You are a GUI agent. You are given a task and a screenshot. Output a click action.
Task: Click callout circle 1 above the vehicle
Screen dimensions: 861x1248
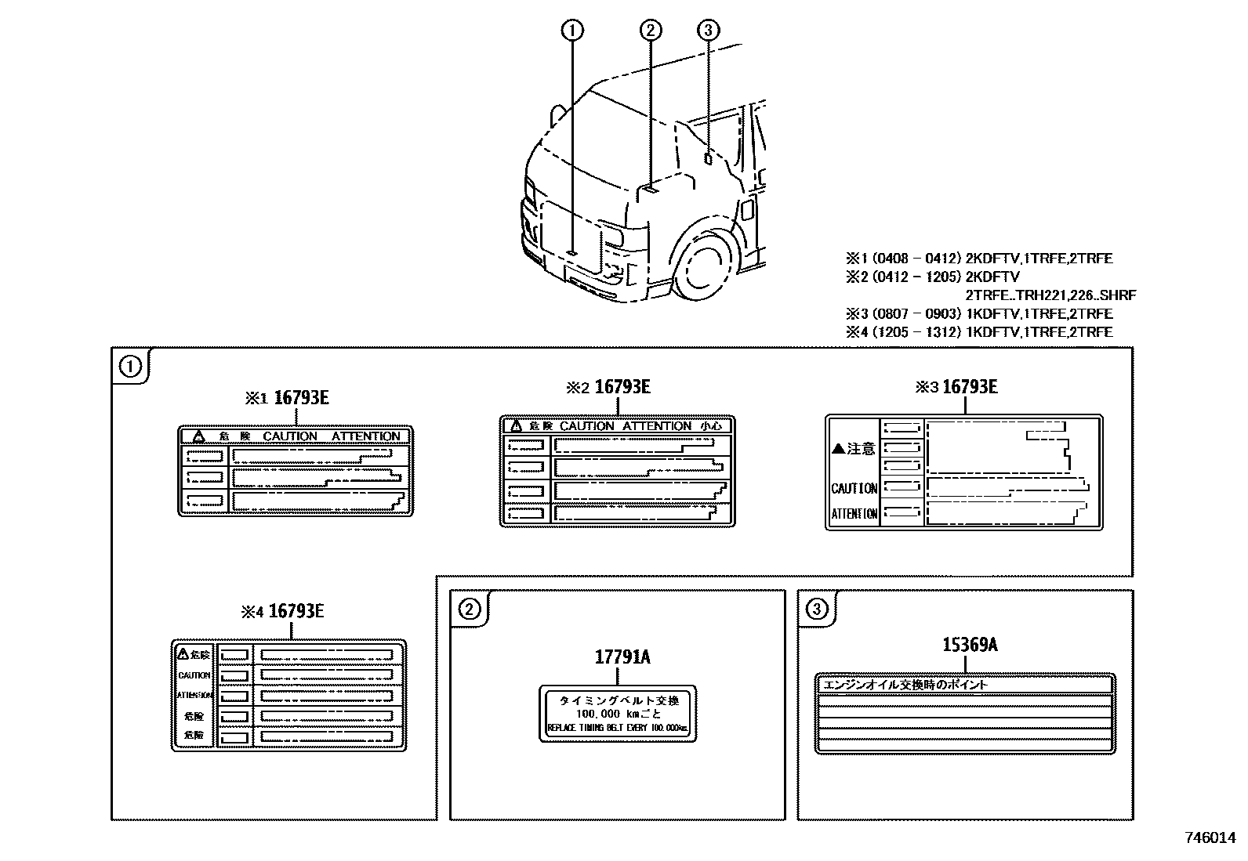(572, 31)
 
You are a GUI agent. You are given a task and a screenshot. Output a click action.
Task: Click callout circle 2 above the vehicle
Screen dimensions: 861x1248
(650, 31)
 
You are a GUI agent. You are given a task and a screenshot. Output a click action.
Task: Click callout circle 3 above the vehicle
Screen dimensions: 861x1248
(707, 31)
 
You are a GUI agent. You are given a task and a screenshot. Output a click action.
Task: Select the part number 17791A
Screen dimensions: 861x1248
(622, 657)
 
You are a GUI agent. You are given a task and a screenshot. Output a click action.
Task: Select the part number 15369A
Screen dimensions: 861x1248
(970, 645)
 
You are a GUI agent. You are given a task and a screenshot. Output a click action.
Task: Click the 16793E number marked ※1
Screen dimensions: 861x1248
(303, 397)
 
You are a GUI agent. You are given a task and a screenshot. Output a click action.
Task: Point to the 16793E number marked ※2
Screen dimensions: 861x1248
(622, 386)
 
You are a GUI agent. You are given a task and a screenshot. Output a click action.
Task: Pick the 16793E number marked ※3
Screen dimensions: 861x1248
(970, 386)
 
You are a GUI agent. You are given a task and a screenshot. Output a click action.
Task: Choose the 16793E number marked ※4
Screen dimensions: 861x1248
(296, 611)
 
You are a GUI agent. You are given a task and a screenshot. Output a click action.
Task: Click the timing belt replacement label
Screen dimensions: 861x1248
(618, 714)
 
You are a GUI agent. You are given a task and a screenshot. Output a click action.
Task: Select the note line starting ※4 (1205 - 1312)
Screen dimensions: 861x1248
(978, 332)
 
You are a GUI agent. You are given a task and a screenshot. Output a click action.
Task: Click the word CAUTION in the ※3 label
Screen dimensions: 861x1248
(854, 488)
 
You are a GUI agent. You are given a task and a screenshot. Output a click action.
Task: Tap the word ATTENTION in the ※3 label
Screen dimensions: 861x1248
(854, 514)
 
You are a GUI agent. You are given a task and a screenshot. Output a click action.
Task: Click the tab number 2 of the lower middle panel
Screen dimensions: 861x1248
(469, 609)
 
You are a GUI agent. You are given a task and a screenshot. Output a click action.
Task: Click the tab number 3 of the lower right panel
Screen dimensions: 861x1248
(816, 609)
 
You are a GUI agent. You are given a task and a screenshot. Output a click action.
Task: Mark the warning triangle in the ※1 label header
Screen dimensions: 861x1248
(199, 436)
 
